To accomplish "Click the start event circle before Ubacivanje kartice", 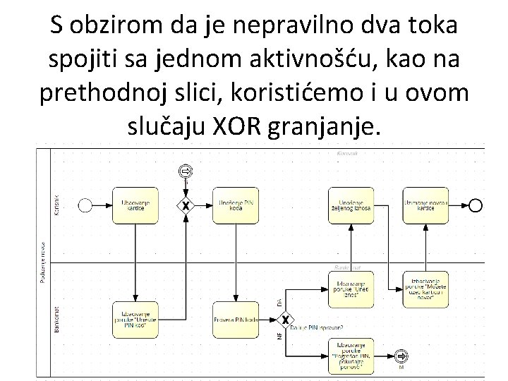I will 85,205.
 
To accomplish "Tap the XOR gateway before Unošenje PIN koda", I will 186,206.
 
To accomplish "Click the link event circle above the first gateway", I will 186,171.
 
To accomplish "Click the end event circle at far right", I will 476,205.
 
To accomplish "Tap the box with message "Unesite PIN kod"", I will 135,320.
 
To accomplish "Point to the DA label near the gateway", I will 279,301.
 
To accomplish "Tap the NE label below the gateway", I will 279,337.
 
